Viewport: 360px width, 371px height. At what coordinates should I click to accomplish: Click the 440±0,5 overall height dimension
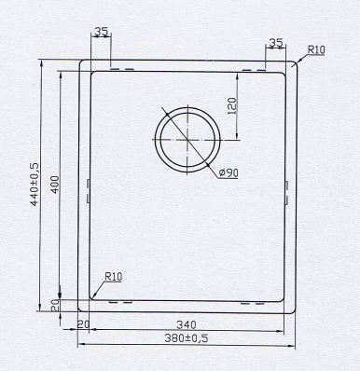coord(35,183)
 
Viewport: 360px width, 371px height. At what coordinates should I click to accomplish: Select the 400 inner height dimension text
coord(54,187)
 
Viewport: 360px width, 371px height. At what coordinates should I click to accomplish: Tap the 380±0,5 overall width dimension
coord(184,337)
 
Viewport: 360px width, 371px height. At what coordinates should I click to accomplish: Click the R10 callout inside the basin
coord(115,277)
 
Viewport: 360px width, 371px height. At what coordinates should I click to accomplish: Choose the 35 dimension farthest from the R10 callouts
coord(101,33)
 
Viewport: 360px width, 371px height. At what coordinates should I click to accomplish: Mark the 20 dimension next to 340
coord(84,324)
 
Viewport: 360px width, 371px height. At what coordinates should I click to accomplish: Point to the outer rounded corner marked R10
coord(295,64)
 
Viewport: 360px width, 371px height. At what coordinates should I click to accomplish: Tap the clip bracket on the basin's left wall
coord(88,190)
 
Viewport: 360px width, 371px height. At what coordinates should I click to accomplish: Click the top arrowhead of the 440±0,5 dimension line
coord(42,63)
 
